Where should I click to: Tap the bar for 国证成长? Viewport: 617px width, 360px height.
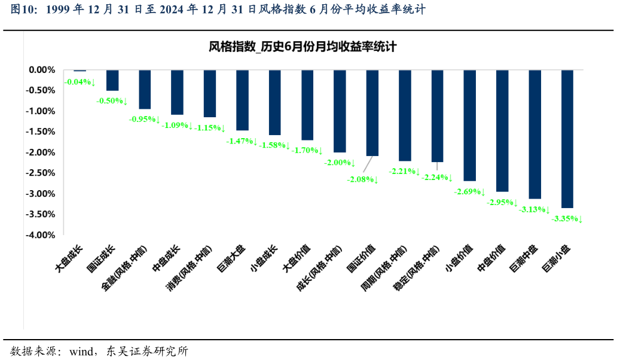pos(112,80)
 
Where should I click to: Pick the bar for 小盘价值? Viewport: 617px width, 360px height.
pos(470,125)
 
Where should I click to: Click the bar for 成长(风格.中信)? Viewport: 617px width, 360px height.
pos(340,111)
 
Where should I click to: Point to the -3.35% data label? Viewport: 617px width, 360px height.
pos(567,219)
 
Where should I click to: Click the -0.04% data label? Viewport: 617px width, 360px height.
pos(80,82)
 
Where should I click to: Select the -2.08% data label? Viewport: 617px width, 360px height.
pos(363,179)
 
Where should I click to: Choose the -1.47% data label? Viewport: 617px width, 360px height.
pos(242,142)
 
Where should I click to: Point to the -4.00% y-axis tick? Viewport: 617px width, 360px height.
pos(42,235)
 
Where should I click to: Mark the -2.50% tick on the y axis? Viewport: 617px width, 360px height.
pos(42,173)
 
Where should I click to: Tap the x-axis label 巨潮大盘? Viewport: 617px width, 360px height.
pos(233,259)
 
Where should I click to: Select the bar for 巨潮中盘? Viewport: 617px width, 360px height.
pos(535,134)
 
